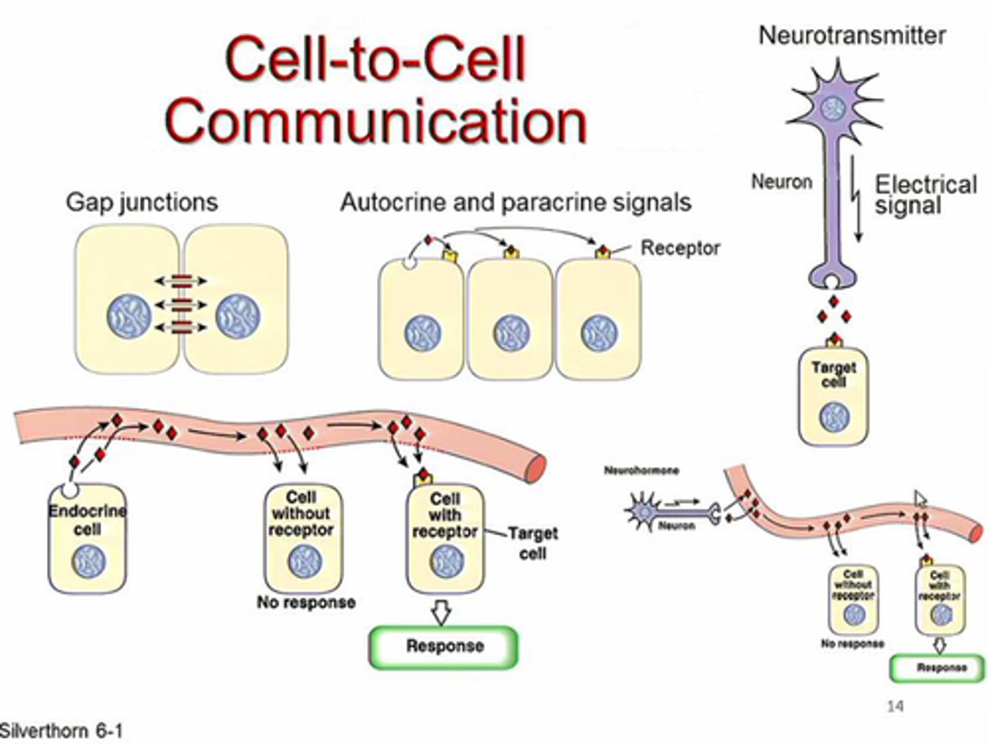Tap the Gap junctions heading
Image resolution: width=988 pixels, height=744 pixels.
[x=141, y=202]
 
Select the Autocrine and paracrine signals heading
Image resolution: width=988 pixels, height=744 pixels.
[x=515, y=202]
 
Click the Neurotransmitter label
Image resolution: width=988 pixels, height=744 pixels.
[x=851, y=35]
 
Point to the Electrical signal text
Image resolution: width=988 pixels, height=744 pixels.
[x=924, y=195]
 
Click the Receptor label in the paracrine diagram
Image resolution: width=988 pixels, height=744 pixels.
[x=680, y=248]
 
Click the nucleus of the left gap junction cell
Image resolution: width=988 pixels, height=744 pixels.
[x=128, y=316]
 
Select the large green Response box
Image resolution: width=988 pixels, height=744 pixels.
[x=444, y=646]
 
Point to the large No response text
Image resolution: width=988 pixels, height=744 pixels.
[x=306, y=603]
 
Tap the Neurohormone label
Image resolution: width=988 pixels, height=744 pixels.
[x=641, y=470]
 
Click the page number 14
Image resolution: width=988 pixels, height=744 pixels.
[x=895, y=706]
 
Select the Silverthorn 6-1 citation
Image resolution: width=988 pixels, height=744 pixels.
[x=62, y=731]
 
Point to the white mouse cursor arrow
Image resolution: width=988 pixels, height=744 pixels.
[x=920, y=499]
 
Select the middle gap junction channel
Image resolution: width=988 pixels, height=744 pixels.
[x=180, y=304]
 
